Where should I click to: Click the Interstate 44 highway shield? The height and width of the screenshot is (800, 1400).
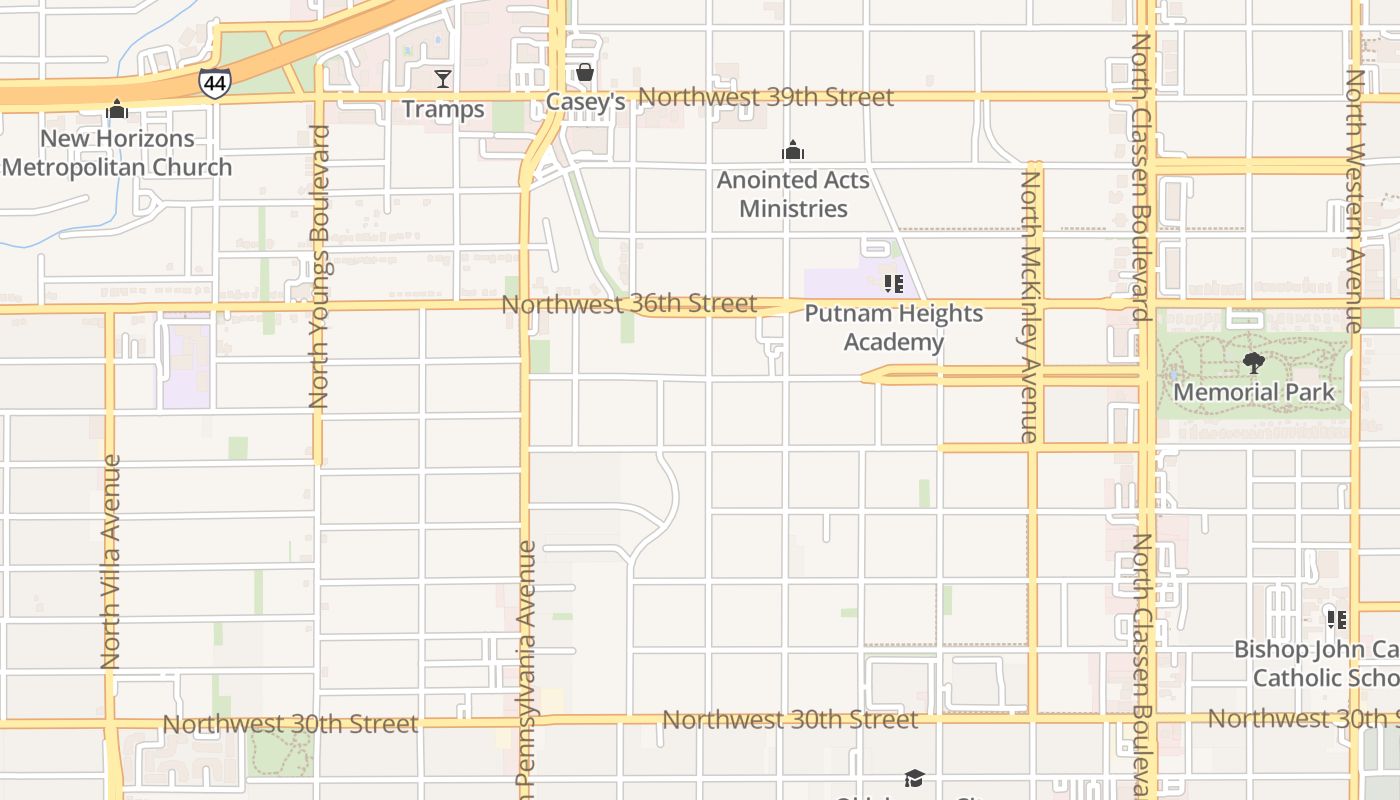click(214, 83)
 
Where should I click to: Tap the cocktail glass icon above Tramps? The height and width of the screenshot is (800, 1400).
click(443, 78)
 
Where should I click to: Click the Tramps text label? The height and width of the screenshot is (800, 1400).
click(443, 109)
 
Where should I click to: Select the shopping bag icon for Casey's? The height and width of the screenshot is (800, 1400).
click(585, 72)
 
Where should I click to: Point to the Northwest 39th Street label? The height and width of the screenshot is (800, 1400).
click(765, 97)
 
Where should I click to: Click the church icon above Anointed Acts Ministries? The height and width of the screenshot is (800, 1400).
click(793, 151)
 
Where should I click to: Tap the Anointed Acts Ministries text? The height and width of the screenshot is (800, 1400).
click(793, 194)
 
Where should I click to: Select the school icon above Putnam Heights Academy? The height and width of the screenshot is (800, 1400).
click(893, 284)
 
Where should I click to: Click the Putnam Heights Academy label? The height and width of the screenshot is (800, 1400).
click(893, 327)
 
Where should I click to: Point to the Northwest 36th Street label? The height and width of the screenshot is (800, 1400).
click(629, 303)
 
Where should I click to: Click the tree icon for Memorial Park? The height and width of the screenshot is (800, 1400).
click(1253, 363)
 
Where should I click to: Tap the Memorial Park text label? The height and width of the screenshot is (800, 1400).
click(1253, 392)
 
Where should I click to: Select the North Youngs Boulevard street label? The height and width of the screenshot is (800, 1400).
click(319, 267)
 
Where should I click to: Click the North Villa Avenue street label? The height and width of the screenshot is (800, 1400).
click(111, 562)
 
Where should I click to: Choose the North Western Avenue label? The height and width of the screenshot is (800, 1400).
click(1354, 200)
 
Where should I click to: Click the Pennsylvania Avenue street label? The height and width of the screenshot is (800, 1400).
click(526, 670)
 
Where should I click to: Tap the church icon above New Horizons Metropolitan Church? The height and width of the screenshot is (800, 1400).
click(117, 109)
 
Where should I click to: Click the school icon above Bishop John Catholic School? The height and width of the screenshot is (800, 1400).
click(1336, 619)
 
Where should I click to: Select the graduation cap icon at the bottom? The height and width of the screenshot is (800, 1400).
click(913, 778)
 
